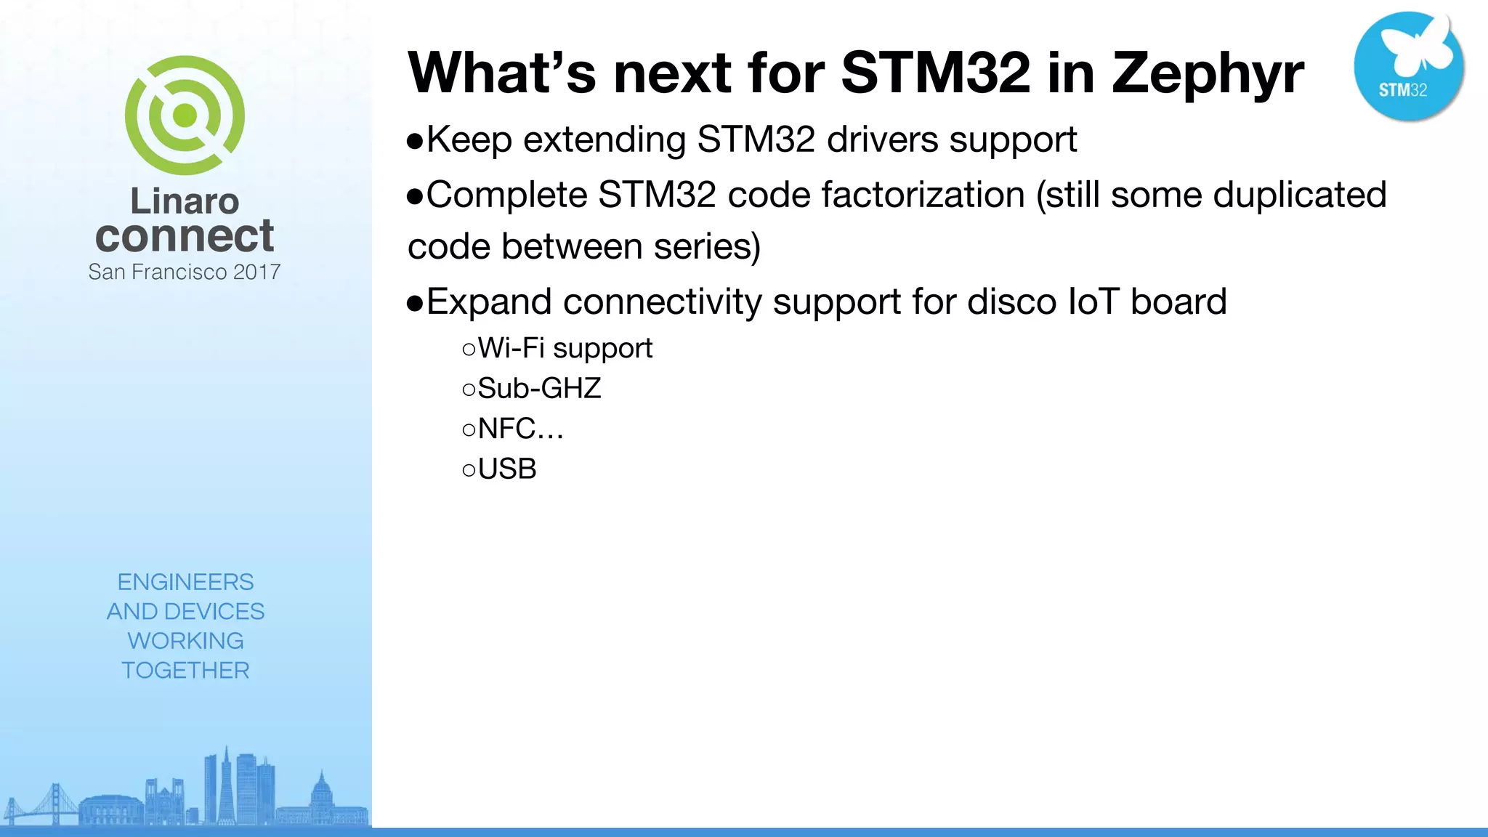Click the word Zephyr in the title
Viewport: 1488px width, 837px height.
(1208, 74)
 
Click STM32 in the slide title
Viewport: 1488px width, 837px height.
(935, 73)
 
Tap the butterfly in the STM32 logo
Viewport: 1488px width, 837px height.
(1418, 45)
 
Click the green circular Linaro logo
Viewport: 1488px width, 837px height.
(185, 116)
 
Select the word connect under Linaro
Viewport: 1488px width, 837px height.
(185, 236)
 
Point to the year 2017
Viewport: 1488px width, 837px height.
(256, 272)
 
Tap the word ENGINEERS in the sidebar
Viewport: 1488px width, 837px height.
(185, 582)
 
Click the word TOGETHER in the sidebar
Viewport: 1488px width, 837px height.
(185, 670)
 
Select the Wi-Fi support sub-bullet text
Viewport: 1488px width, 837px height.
(565, 349)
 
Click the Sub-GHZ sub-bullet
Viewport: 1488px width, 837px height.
(538, 389)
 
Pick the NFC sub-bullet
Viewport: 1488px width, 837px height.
(519, 429)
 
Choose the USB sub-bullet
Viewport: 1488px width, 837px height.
(506, 469)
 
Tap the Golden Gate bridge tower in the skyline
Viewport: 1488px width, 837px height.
(54, 803)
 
